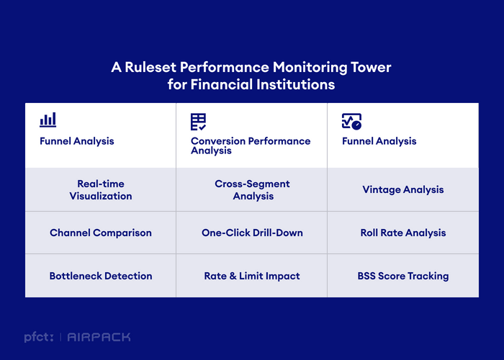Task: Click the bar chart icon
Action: click(48, 120)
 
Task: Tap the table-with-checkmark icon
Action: click(198, 122)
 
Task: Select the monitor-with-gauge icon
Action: click(351, 122)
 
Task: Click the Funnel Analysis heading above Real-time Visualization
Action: click(77, 141)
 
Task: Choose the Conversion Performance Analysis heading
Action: click(251, 145)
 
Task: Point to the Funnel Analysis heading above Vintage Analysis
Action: click(379, 141)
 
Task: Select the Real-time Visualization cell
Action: click(101, 189)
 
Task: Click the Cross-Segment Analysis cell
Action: click(252, 189)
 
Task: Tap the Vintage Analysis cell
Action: click(403, 189)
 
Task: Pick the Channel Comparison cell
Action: click(101, 233)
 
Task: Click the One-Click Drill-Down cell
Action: click(252, 233)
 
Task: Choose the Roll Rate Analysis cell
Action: click(403, 233)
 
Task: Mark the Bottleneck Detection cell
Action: click(101, 276)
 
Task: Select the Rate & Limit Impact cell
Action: click(252, 276)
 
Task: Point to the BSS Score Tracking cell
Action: click(403, 276)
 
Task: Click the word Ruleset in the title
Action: click(150, 67)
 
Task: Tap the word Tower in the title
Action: click(371, 67)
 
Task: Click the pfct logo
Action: click(39, 337)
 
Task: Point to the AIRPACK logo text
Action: click(99, 337)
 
